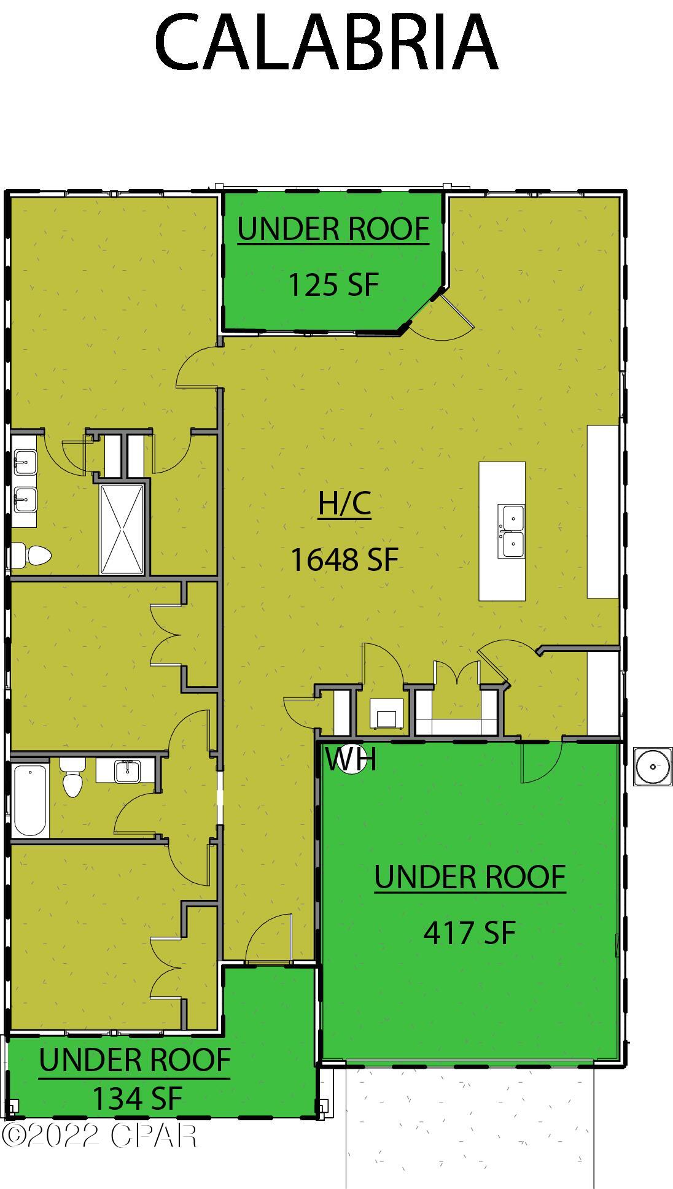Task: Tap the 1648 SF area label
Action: coord(344,560)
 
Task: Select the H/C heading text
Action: coord(344,504)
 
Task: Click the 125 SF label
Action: coord(333,285)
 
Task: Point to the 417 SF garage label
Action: coord(469,932)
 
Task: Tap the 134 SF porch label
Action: coord(137,1098)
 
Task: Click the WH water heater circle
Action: coord(352,760)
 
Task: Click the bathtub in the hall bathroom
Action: coord(30,800)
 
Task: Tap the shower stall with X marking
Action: coord(123,529)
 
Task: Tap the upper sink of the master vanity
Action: coord(25,462)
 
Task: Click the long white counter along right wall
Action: coord(602,511)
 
